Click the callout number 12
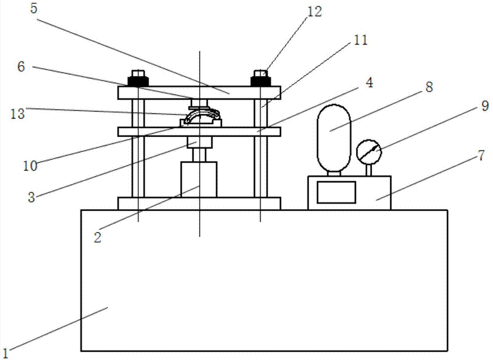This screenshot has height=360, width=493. coord(314,12)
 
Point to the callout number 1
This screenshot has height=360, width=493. coord(6,352)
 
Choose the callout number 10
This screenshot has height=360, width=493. coord(31,166)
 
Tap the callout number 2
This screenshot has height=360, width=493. coord(98,237)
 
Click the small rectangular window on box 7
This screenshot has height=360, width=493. coord(336,192)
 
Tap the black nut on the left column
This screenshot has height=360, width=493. coord(138,80)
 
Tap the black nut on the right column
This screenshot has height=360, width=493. coord(260,80)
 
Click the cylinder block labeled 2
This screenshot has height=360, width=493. coord(199,179)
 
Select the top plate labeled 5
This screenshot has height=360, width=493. coord(199,92)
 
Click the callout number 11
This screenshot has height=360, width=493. coord(361,40)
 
